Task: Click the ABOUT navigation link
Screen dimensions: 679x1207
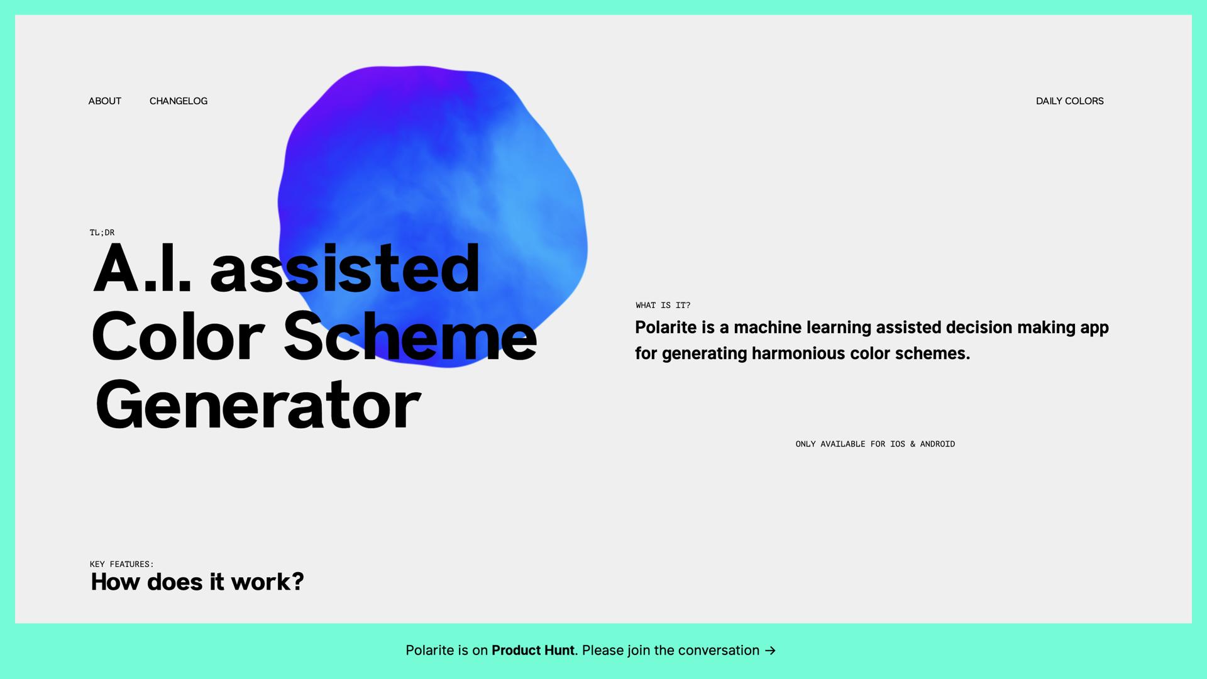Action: click(104, 101)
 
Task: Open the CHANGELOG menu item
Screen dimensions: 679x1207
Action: click(178, 101)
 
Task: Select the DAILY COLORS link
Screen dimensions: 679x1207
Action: click(1069, 101)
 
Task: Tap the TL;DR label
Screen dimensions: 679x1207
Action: click(102, 233)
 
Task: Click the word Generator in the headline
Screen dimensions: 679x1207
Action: click(258, 406)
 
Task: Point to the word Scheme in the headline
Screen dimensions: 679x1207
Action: click(410, 337)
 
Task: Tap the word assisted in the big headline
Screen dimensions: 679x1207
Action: click(345, 269)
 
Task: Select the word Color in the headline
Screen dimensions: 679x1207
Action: click(178, 337)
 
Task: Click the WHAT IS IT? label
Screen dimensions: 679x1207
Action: click(663, 306)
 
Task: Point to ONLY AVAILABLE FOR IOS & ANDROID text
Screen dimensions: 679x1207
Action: click(875, 444)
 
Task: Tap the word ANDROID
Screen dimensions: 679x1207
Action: click(937, 444)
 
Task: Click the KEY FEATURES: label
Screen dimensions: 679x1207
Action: click(121, 565)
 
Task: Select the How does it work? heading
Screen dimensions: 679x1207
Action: click(197, 582)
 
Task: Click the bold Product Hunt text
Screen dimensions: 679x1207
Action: click(532, 651)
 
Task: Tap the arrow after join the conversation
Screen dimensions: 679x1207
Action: click(770, 651)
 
